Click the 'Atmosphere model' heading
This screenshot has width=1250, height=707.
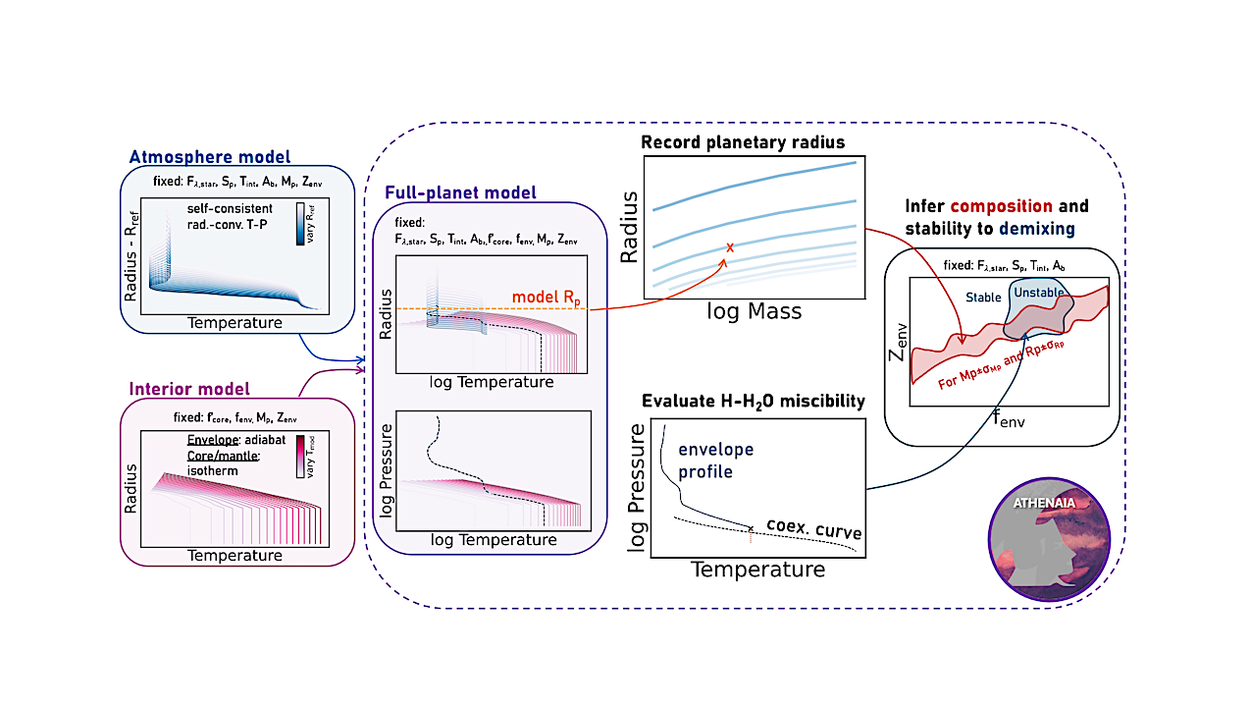pyautogui.click(x=211, y=157)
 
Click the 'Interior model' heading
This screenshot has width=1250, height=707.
pyautogui.click(x=189, y=388)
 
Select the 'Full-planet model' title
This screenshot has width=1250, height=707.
pyautogui.click(x=460, y=192)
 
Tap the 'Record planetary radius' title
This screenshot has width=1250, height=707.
pyautogui.click(x=743, y=142)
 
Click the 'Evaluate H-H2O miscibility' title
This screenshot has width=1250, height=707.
pyautogui.click(x=754, y=401)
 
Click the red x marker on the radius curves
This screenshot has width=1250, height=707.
pyautogui.click(x=729, y=247)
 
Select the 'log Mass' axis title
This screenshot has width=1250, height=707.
pyautogui.click(x=755, y=311)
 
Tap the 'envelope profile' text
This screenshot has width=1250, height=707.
pyautogui.click(x=715, y=459)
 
